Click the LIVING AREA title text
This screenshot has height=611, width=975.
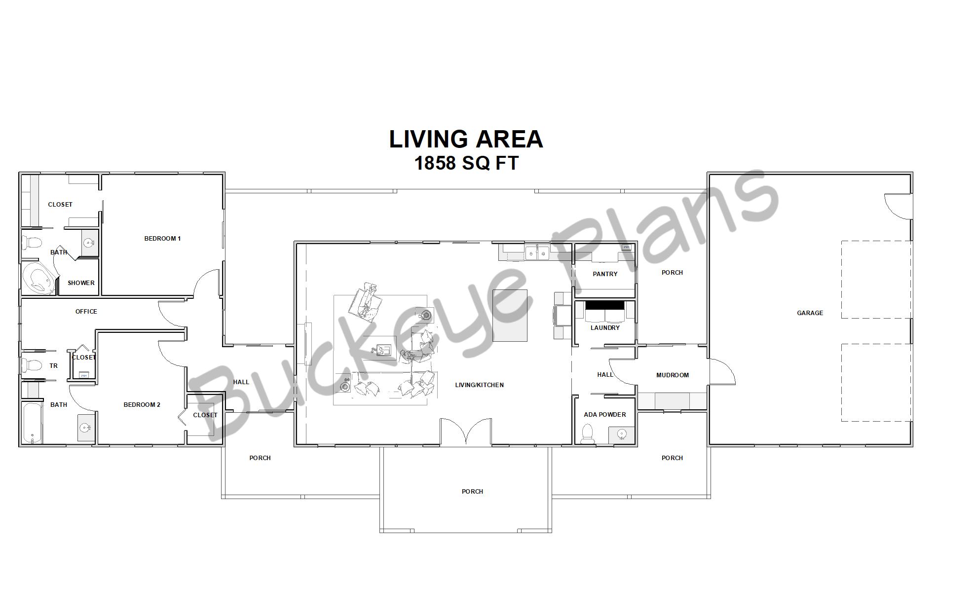[x=466, y=139]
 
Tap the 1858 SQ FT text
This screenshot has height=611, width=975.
[x=466, y=163]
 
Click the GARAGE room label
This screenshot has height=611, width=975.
[x=810, y=313]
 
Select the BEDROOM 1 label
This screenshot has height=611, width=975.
[x=162, y=238]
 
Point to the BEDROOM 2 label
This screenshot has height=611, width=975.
[x=142, y=404]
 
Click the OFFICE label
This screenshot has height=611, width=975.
[x=86, y=311]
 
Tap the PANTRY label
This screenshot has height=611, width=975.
[x=605, y=274]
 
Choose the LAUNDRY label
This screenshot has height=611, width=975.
[x=605, y=327]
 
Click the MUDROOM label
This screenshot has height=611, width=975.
[x=672, y=375]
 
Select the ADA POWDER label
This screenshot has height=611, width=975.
[x=605, y=414]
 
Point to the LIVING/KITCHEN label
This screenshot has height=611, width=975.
[x=479, y=385]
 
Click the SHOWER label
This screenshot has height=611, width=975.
[x=81, y=283]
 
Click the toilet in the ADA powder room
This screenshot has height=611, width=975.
[x=587, y=434]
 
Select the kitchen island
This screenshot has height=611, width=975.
[x=510, y=315]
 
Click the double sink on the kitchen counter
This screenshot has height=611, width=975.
[x=537, y=253]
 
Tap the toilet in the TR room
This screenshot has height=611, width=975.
[x=32, y=365]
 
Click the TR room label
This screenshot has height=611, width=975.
[x=53, y=365]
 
